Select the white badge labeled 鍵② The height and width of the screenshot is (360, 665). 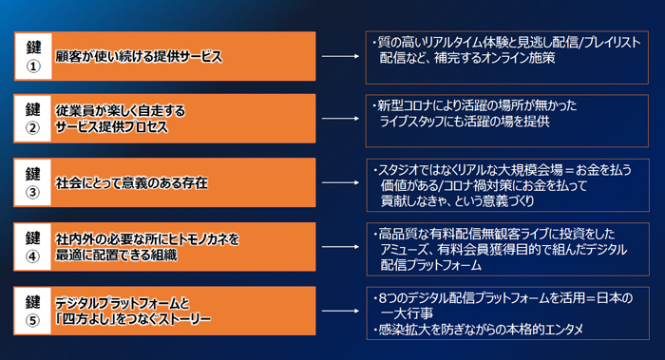coord(34,119)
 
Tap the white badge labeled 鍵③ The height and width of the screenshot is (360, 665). coord(34,181)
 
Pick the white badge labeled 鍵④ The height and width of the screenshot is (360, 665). coord(34,244)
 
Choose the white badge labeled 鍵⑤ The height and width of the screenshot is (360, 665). coord(34,310)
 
